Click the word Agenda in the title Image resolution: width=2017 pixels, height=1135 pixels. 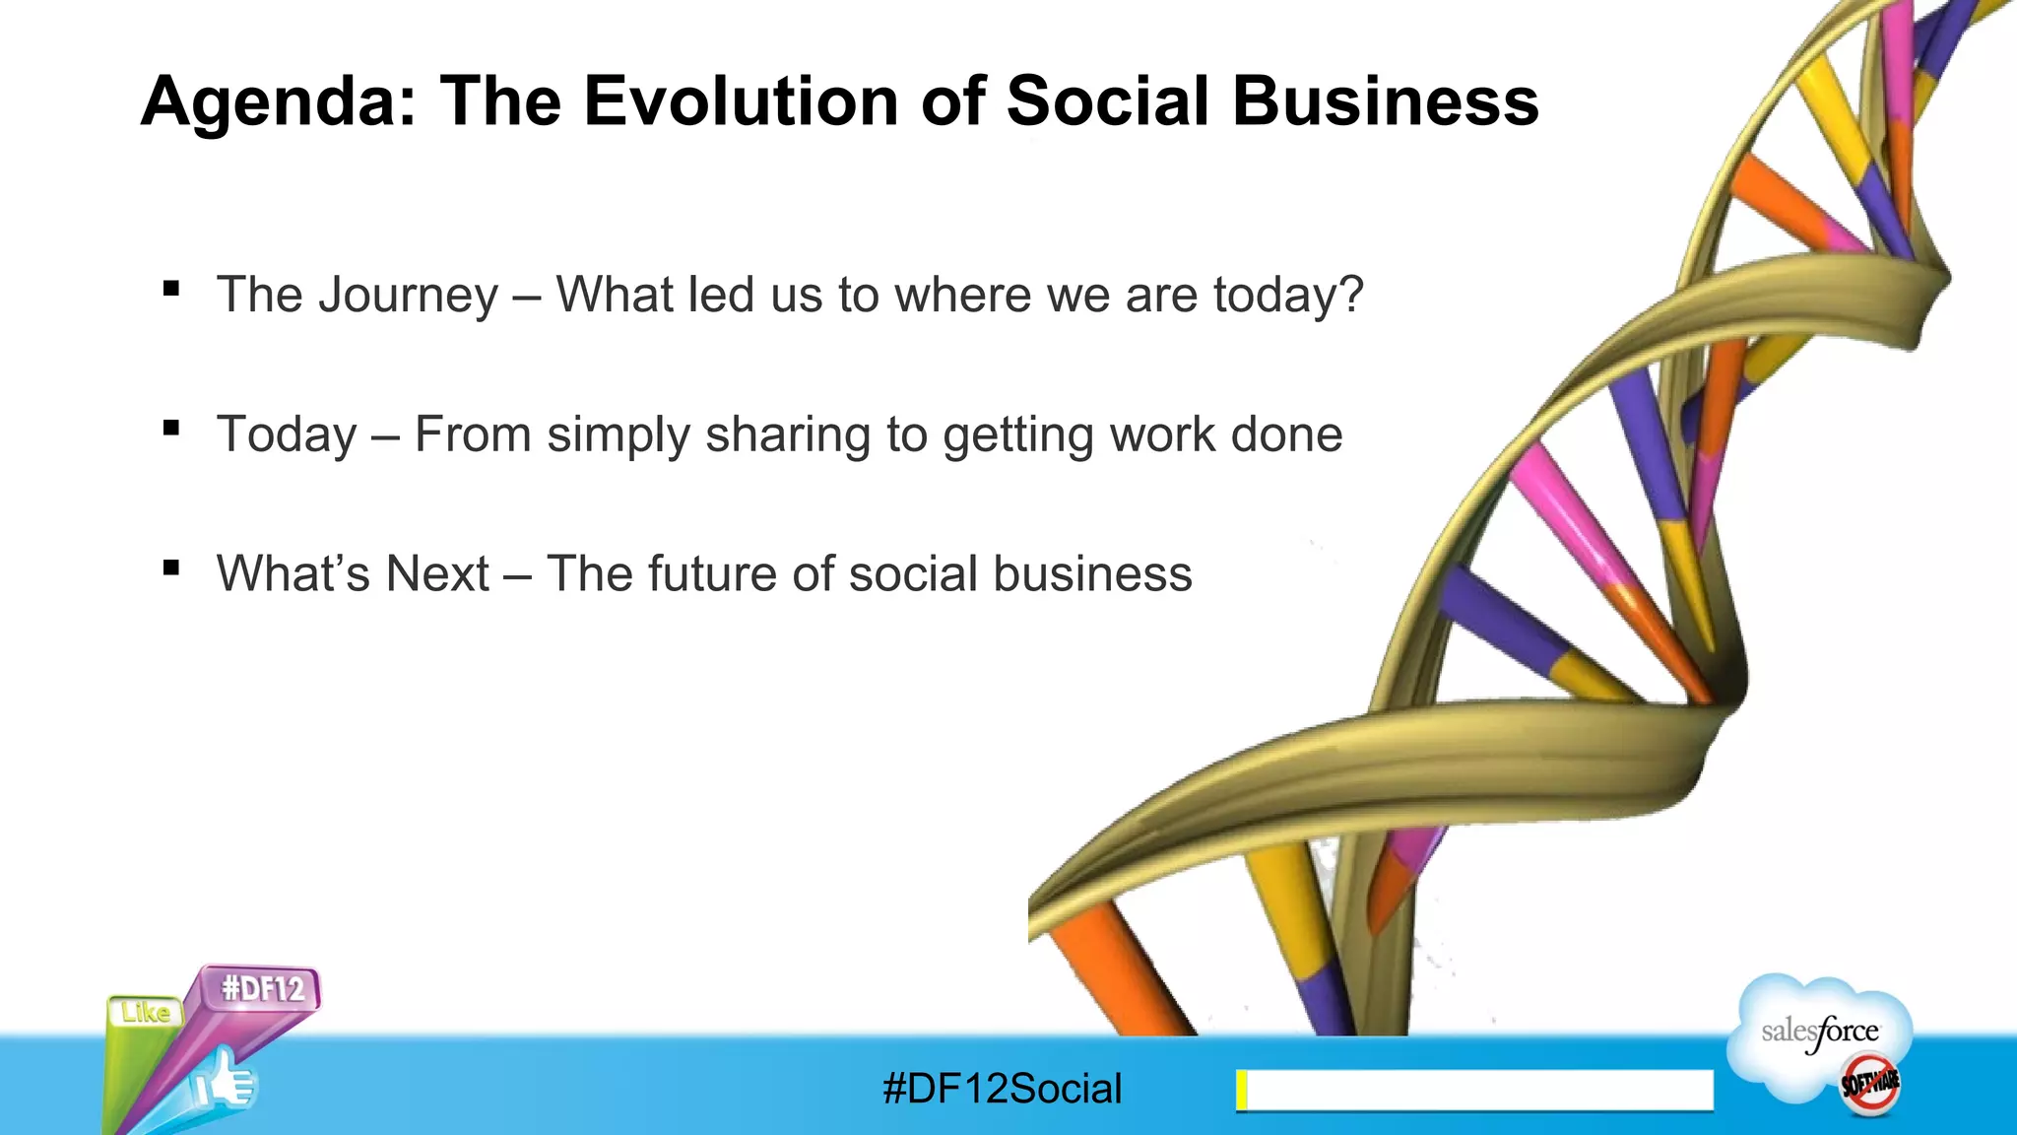pos(279,102)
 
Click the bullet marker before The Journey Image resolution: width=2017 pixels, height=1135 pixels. pos(172,289)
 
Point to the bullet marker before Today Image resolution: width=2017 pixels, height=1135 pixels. pos(172,429)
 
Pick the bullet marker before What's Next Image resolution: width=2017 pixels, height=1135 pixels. pos(172,568)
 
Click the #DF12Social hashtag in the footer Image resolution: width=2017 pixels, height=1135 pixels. pos(1002,1089)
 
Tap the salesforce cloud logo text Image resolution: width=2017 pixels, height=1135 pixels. pos(1819,1032)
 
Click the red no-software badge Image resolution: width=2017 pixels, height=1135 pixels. pos(1869,1084)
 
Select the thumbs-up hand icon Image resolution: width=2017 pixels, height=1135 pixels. pos(225,1084)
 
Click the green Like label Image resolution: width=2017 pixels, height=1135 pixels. pos(146,1013)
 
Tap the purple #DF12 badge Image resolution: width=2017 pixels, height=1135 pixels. pos(262,987)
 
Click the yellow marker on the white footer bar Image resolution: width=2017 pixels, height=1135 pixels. pos(1242,1090)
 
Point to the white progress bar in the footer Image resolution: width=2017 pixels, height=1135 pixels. pos(1477,1090)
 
